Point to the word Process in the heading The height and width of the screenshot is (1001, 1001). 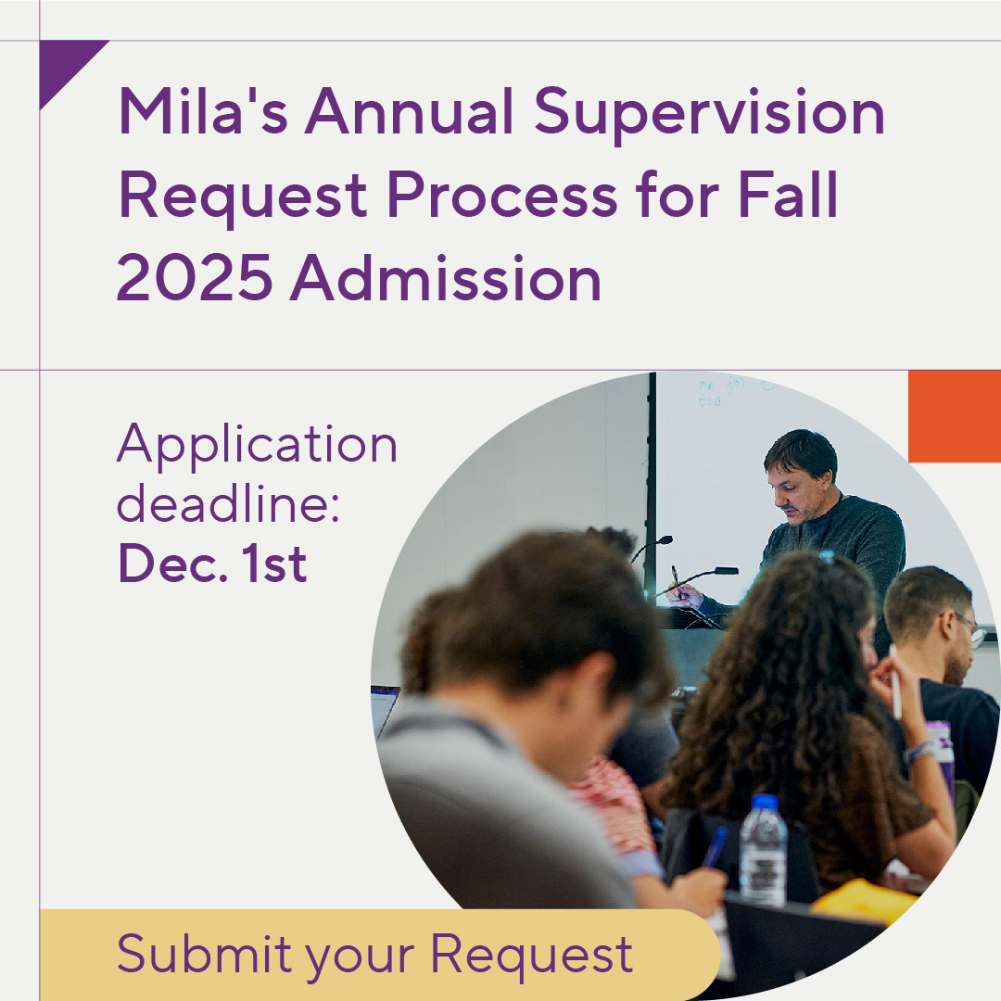[x=500, y=196]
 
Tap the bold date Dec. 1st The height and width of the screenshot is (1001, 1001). [x=212, y=564]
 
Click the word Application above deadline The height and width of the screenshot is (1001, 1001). [x=257, y=446]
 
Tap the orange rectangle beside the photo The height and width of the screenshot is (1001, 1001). [x=954, y=416]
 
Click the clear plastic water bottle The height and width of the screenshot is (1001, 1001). [x=763, y=853]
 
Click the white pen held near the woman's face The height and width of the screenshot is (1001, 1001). [x=894, y=680]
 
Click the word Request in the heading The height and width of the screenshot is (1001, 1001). [x=242, y=196]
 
